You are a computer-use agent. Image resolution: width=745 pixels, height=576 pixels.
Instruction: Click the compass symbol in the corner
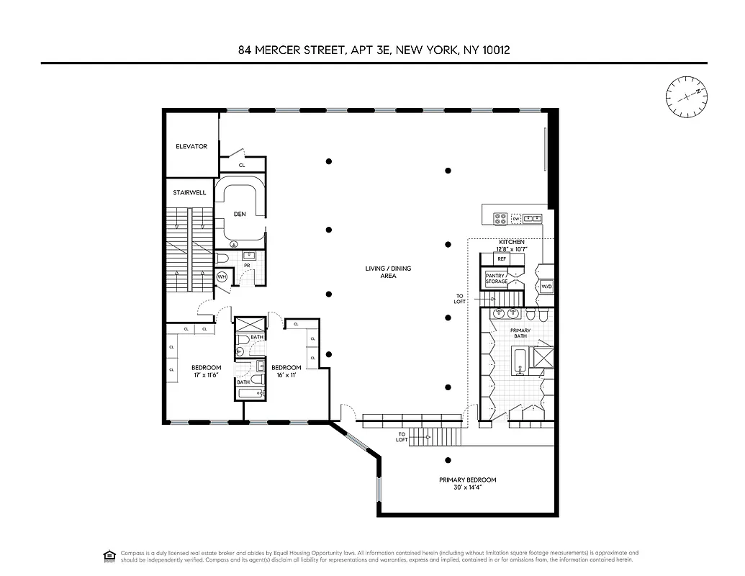coord(686,96)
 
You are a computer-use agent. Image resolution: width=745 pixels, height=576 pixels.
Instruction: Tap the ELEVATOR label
coord(191,146)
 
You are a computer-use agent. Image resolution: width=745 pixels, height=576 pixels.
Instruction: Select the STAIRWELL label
coord(189,192)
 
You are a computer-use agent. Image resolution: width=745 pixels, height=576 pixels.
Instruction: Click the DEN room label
coord(240,214)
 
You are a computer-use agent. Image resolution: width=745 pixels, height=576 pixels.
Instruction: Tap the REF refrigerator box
coord(501,258)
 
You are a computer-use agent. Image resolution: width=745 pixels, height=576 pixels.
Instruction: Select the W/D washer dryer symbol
coord(546,287)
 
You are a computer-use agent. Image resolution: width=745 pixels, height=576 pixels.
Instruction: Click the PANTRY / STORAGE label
coord(497,278)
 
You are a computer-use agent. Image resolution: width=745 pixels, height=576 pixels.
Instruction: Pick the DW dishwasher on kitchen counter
coord(515,218)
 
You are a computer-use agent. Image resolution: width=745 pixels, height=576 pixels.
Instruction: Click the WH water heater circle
coord(222,276)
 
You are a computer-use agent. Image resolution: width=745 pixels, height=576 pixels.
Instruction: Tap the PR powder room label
coord(247,265)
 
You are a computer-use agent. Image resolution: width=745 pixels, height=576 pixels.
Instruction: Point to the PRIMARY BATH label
coord(520,333)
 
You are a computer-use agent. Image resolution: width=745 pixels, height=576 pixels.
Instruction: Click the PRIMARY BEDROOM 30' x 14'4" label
coord(467,483)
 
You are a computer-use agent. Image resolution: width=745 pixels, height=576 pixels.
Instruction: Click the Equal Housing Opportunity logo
coord(109,555)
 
